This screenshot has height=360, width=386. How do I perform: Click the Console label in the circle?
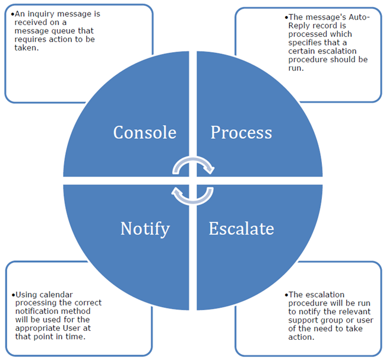point(144,132)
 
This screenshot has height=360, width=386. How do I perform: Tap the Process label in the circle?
point(241,132)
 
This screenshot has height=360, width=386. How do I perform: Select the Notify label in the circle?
point(145,228)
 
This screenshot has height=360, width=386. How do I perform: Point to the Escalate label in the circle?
point(241,228)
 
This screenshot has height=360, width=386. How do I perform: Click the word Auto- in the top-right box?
point(357,17)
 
